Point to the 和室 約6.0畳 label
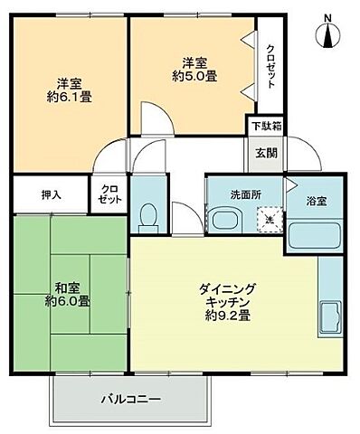(x=71, y=294)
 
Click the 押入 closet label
(x=51, y=193)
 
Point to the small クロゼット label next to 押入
(x=108, y=193)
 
